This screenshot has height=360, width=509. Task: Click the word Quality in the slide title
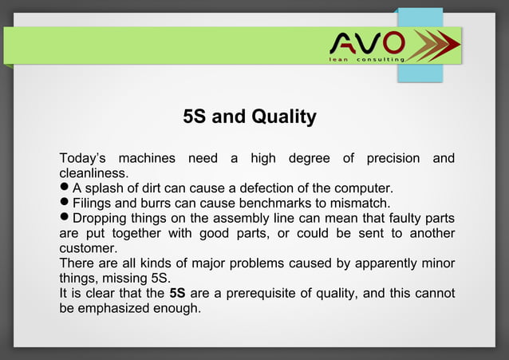284,117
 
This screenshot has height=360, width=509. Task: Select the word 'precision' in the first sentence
393,159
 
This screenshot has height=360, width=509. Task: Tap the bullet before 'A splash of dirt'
65,188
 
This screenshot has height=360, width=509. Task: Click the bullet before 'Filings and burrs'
65,203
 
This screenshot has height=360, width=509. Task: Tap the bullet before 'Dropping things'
65,218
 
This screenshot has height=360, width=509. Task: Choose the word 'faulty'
404,218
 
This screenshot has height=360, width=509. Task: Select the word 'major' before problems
208,263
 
